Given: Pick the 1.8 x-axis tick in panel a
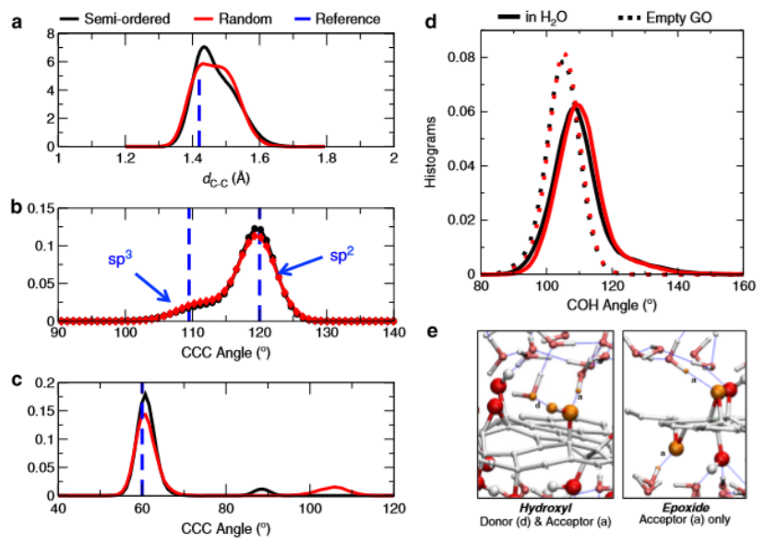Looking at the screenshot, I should (326, 160).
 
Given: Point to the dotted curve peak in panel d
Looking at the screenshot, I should (565, 54).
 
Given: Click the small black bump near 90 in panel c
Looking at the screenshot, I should (263, 489).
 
